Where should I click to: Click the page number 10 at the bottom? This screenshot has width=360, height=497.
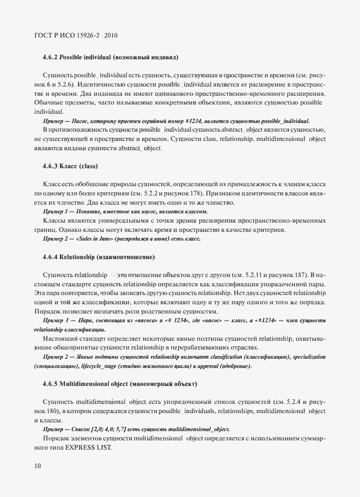[38, 466]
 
